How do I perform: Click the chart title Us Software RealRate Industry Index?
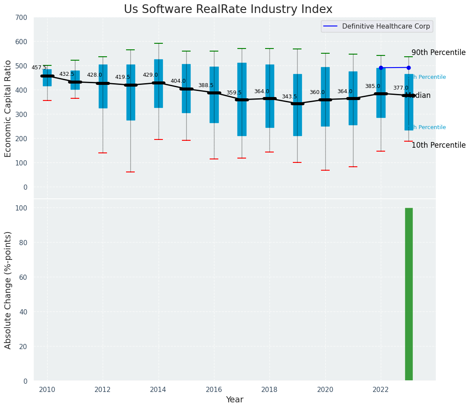(x=228, y=10)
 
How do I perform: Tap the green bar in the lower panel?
(x=408, y=295)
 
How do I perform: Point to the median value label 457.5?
(x=39, y=68)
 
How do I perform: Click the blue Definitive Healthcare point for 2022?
(x=381, y=68)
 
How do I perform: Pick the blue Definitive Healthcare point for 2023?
(x=408, y=68)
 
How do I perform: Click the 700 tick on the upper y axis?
(x=21, y=17)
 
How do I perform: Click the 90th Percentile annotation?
(x=438, y=52)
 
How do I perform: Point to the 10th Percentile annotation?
(x=438, y=145)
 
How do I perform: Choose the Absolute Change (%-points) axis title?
(x=8, y=290)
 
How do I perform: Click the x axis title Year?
(x=235, y=400)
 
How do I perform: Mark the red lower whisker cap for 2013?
(x=130, y=172)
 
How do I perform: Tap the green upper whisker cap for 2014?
(x=159, y=43)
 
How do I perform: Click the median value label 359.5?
(x=234, y=93)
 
